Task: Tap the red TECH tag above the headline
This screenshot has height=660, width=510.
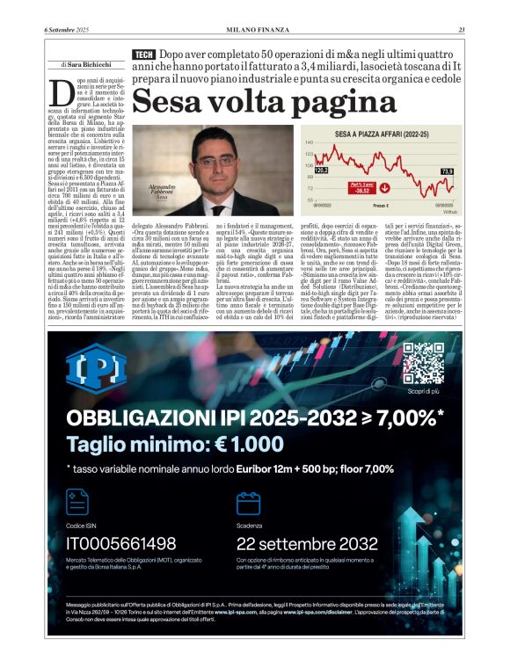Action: click(142, 55)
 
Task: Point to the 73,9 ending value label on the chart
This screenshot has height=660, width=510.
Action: click(447, 170)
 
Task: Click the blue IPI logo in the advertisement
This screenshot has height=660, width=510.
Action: click(96, 373)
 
